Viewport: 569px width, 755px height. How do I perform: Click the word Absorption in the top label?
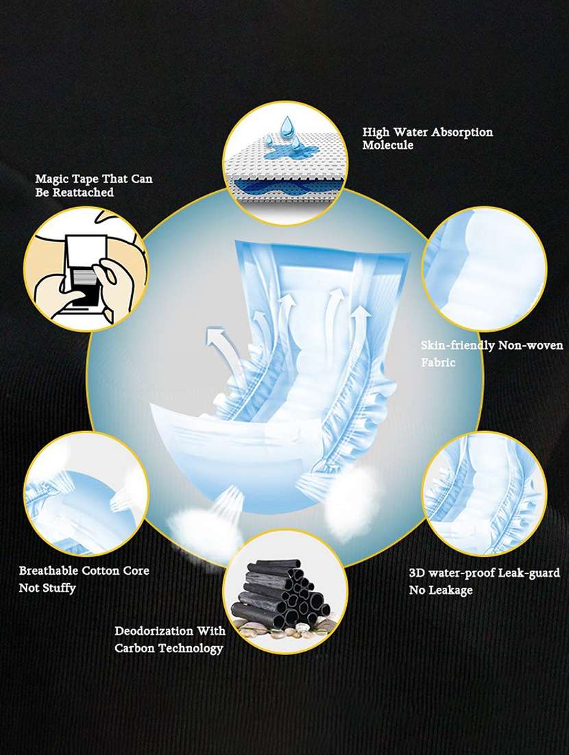[x=462, y=132]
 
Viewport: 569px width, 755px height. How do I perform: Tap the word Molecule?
[x=388, y=145]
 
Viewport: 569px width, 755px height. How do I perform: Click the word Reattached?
[x=84, y=192]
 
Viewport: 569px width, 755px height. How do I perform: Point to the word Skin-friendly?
[x=458, y=345]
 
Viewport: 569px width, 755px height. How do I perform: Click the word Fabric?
[x=438, y=362]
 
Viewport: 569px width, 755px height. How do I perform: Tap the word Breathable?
[x=48, y=571]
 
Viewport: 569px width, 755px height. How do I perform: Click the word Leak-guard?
[x=529, y=573]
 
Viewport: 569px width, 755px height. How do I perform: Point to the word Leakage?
[x=449, y=591]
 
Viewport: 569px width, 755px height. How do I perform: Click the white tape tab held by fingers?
[x=86, y=253]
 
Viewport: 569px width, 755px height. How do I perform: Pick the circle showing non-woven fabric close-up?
[x=484, y=269]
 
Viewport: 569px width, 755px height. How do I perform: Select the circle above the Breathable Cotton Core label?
[x=86, y=493]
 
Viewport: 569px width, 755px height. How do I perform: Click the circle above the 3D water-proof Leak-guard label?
[x=484, y=493]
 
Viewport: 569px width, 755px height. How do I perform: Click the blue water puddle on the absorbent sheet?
[x=288, y=153]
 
